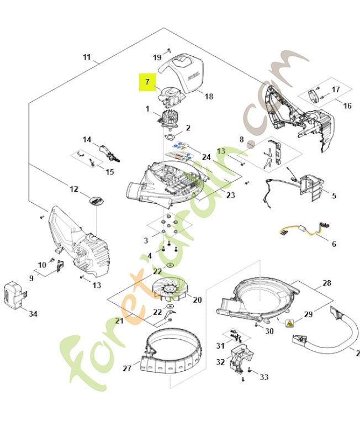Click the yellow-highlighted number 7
click(147, 82)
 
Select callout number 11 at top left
click(87, 57)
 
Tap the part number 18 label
click(209, 96)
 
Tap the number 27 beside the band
click(126, 368)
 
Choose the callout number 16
click(347, 106)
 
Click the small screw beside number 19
click(170, 50)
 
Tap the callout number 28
click(327, 283)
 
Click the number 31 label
click(220, 346)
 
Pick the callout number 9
click(31, 278)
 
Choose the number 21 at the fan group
click(120, 321)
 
